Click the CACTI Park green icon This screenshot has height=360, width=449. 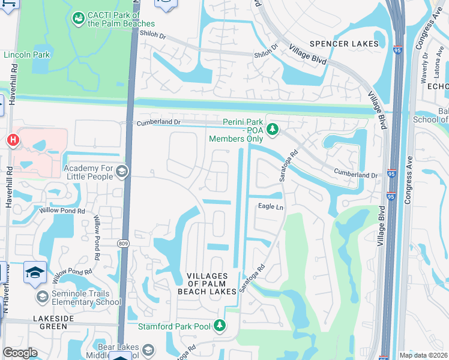[x=78, y=19]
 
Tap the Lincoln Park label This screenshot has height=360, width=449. [x=26, y=55]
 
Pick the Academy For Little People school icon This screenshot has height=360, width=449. [x=122, y=172]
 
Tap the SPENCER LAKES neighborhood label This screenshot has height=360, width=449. [x=344, y=44]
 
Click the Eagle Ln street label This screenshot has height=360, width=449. [x=270, y=206]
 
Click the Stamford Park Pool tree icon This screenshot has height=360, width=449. [x=220, y=326]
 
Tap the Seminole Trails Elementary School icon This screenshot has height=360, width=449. [x=42, y=297]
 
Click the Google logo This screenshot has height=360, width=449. [x=20, y=353]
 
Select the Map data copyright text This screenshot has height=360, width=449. [x=423, y=355]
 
